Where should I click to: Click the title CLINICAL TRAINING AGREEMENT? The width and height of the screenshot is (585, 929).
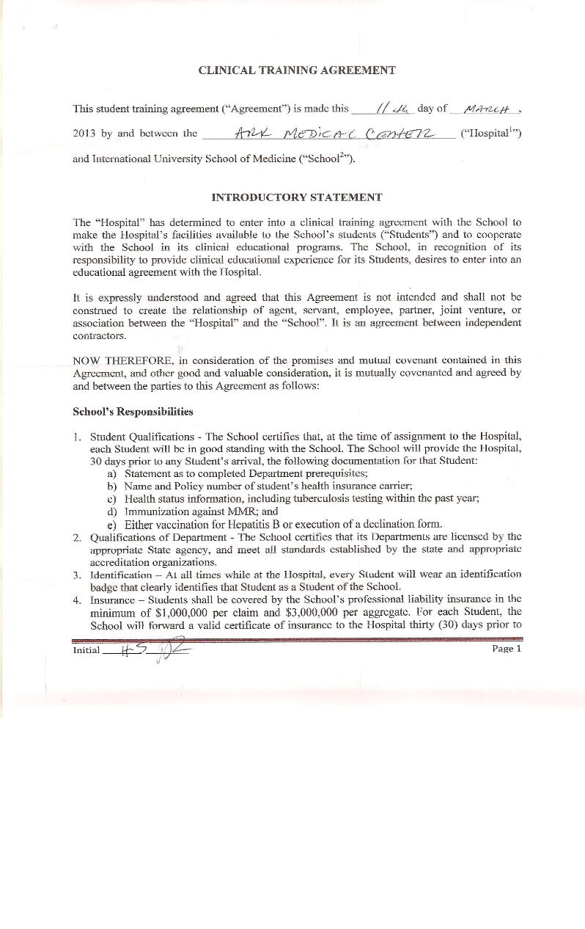[x=297, y=70]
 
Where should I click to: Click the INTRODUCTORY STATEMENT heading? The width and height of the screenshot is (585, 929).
[x=296, y=197]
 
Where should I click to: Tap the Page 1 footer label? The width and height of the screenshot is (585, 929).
[x=507, y=649]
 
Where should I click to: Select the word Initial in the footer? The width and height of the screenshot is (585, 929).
[x=87, y=651]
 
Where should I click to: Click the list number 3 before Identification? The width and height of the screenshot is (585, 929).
[x=76, y=574]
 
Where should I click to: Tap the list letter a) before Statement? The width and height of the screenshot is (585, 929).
[x=112, y=473]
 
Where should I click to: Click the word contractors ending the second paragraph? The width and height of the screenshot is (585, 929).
[x=99, y=335]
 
